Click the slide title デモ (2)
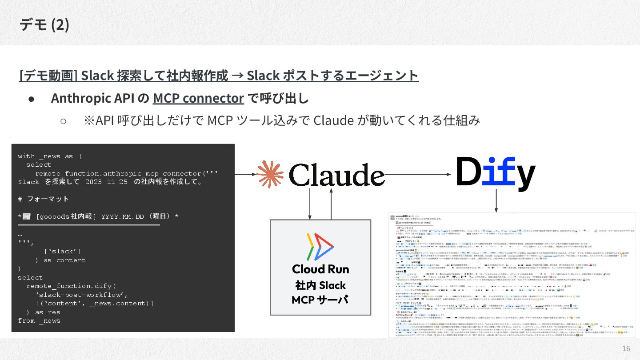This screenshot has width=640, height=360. tap(44, 25)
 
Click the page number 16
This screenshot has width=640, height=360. tap(626, 348)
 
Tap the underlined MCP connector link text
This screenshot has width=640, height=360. tap(198, 98)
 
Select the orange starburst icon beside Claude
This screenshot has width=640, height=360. tap(271, 174)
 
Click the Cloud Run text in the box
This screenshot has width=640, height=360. tap(320, 269)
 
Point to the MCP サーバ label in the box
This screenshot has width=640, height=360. tap(320, 300)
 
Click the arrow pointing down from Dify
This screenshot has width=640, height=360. tap(496, 202)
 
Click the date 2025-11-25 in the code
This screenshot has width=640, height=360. tap(106, 182)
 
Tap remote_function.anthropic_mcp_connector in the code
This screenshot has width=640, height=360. tap(118, 173)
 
